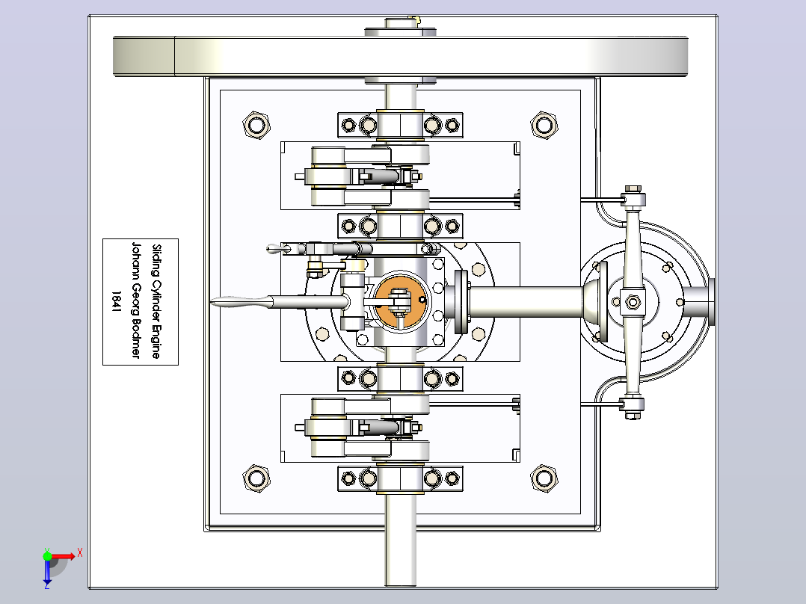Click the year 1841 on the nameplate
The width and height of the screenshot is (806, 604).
pos(116,302)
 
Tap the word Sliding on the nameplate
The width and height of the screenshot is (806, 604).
pos(156,260)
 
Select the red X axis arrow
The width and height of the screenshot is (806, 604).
pos(63,556)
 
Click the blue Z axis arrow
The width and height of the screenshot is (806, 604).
pos(47,572)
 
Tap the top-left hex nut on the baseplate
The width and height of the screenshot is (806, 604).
pos(256,124)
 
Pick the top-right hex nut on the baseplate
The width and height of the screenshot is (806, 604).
pos(544,124)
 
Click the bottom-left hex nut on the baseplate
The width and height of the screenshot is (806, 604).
pos(256,478)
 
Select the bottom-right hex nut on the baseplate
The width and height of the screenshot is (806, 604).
pos(544,478)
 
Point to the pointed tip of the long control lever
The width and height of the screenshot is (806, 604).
pos(211,302)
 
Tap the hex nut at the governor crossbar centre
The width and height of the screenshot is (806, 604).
pos(633,302)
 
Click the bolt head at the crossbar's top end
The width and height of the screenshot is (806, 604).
pos(633,189)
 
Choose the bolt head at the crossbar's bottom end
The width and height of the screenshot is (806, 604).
pos(633,416)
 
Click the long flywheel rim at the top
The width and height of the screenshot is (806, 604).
pos(401,57)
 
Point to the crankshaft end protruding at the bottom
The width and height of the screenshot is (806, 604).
pos(401,558)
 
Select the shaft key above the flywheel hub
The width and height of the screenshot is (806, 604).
pos(417,20)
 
